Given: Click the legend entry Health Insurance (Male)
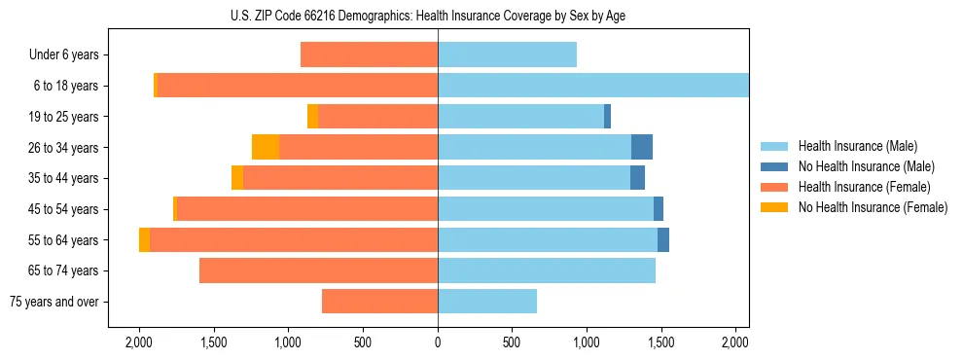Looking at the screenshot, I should coord(857,146).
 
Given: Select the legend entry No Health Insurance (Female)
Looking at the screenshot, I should coord(873,207).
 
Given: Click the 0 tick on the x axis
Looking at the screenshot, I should coord(438,342).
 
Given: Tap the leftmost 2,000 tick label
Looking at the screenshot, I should coord(139,342).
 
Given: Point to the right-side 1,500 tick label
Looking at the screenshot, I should coord(661,342).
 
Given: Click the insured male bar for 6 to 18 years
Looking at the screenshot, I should coord(593,86).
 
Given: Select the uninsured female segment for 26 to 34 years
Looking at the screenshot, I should coord(266,147).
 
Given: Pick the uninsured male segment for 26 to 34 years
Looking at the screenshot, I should coord(642,147).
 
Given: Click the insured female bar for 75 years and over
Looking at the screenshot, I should coord(379,302).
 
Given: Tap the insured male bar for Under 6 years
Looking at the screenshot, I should coord(507,54).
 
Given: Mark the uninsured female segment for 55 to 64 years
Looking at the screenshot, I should coord(144,240).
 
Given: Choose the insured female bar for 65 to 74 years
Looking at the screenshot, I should coord(318,270).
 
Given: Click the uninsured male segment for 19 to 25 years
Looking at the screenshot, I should coord(607,117).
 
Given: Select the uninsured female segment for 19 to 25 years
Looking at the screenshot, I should coord(312,117).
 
